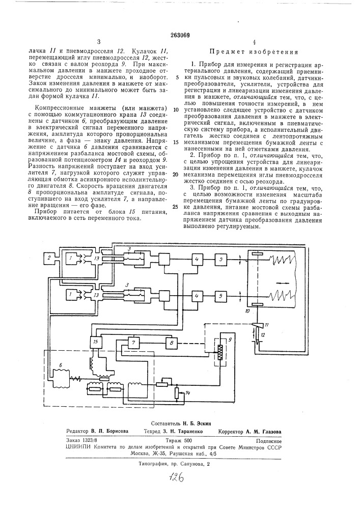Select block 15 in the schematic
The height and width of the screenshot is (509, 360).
pos(95,342)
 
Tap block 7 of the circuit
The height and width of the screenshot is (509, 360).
pos(134,343)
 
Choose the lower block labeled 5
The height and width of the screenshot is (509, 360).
pos(220,295)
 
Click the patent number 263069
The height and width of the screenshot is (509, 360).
pos(180,34)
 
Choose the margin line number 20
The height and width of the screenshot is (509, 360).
pos(176,174)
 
